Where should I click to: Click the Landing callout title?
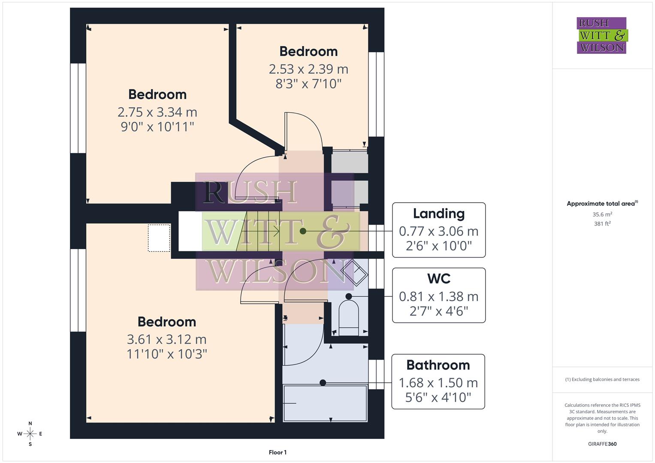pyautogui.click(x=438, y=213)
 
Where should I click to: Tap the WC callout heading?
pyautogui.click(x=438, y=279)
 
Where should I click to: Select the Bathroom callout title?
pyautogui.click(x=438, y=365)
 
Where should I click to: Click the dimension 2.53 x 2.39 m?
pyautogui.click(x=308, y=69)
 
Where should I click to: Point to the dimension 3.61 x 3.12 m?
pyautogui.click(x=167, y=340)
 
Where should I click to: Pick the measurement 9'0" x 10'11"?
pyautogui.click(x=157, y=127)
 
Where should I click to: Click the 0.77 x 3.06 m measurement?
pyautogui.click(x=438, y=231)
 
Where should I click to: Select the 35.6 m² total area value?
pyautogui.click(x=602, y=214)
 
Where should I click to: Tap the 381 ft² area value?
pyautogui.click(x=602, y=224)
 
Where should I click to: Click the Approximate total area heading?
pyautogui.click(x=602, y=204)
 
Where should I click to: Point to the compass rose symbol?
pyautogui.click(x=30, y=434)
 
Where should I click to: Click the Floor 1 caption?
pyautogui.click(x=278, y=452)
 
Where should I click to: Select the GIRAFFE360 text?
pyautogui.click(x=602, y=444)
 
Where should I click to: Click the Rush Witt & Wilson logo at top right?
pyautogui.click(x=602, y=36)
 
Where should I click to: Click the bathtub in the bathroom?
pyautogui.click(x=326, y=403)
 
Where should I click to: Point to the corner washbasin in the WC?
pyautogui.click(x=354, y=272)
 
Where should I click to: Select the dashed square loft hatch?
pyautogui.click(x=159, y=238)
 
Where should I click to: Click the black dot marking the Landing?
pyautogui.click(x=303, y=231)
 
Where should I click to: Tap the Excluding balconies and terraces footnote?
pyautogui.click(x=602, y=379)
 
